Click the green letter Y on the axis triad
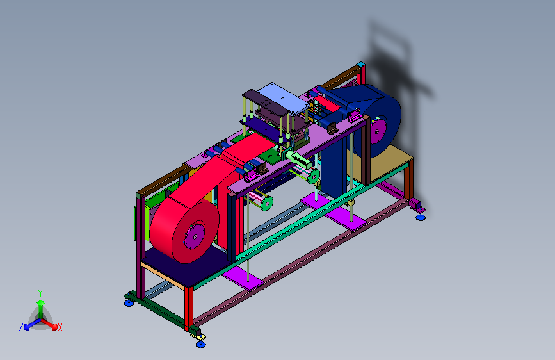[40, 293]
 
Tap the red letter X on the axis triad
[60, 328]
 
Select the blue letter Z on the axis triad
[21, 327]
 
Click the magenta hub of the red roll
[195, 237]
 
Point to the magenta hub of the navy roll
[377, 132]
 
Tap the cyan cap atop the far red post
[360, 65]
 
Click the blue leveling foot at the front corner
[201, 344]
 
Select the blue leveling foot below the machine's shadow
[421, 217]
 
